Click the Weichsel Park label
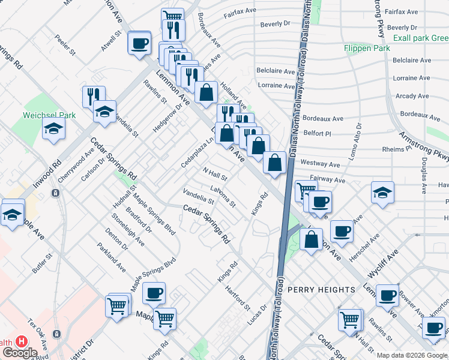click(49, 115)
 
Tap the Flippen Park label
click(366, 48)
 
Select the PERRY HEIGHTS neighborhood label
click(321, 290)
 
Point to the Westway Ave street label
click(321, 163)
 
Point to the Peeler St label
click(65, 45)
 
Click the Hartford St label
click(238, 298)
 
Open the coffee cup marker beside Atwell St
click(139, 43)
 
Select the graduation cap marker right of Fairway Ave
click(382, 193)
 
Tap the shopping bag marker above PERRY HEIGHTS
click(311, 239)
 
